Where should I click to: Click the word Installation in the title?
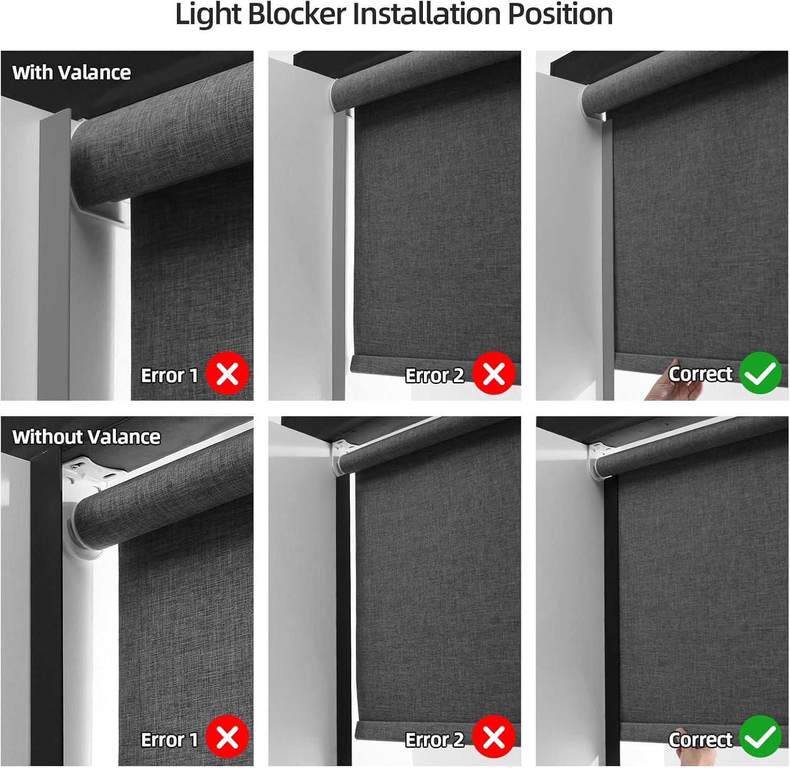[426, 14]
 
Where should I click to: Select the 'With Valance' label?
[72, 72]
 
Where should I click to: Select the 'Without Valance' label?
[86, 437]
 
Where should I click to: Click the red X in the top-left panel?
[227, 373]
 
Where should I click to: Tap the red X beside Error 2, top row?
[493, 373]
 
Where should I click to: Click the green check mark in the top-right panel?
[761, 373]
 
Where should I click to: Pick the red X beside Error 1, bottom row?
[227, 737]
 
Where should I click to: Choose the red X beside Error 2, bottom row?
[493, 737]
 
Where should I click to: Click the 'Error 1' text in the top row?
[170, 375]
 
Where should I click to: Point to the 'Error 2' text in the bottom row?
[434, 740]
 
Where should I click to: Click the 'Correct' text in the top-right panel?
[700, 373]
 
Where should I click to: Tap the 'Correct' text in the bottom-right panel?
[700, 740]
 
